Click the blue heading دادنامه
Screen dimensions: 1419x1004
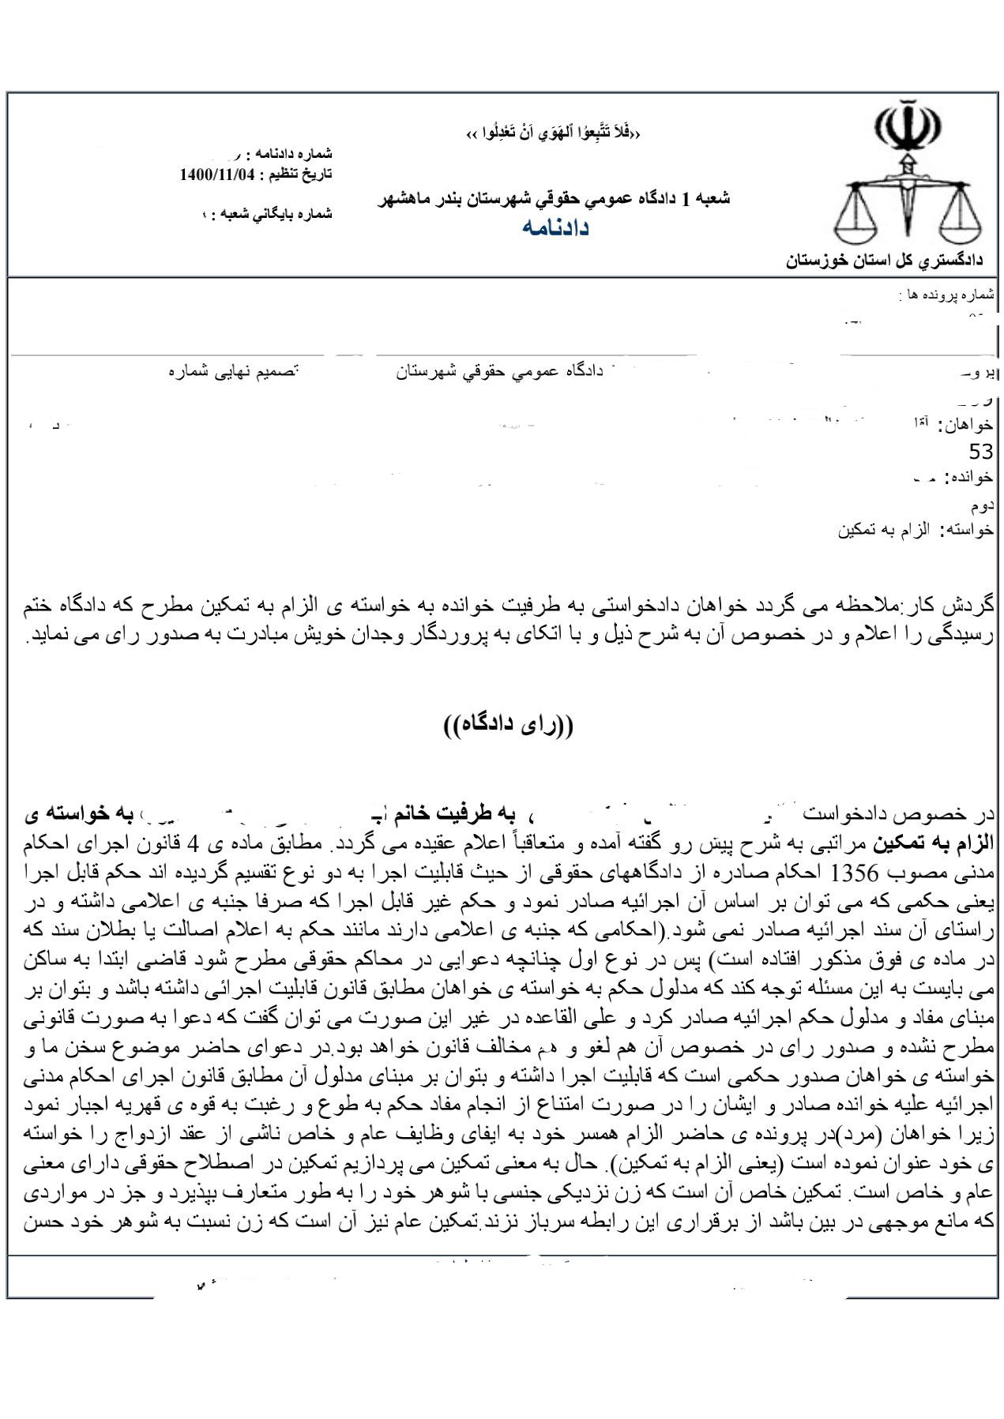click(x=555, y=227)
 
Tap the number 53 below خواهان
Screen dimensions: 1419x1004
click(x=980, y=452)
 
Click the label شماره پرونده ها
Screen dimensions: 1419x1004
click(x=946, y=295)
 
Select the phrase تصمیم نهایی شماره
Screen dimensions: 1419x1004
click(x=232, y=371)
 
